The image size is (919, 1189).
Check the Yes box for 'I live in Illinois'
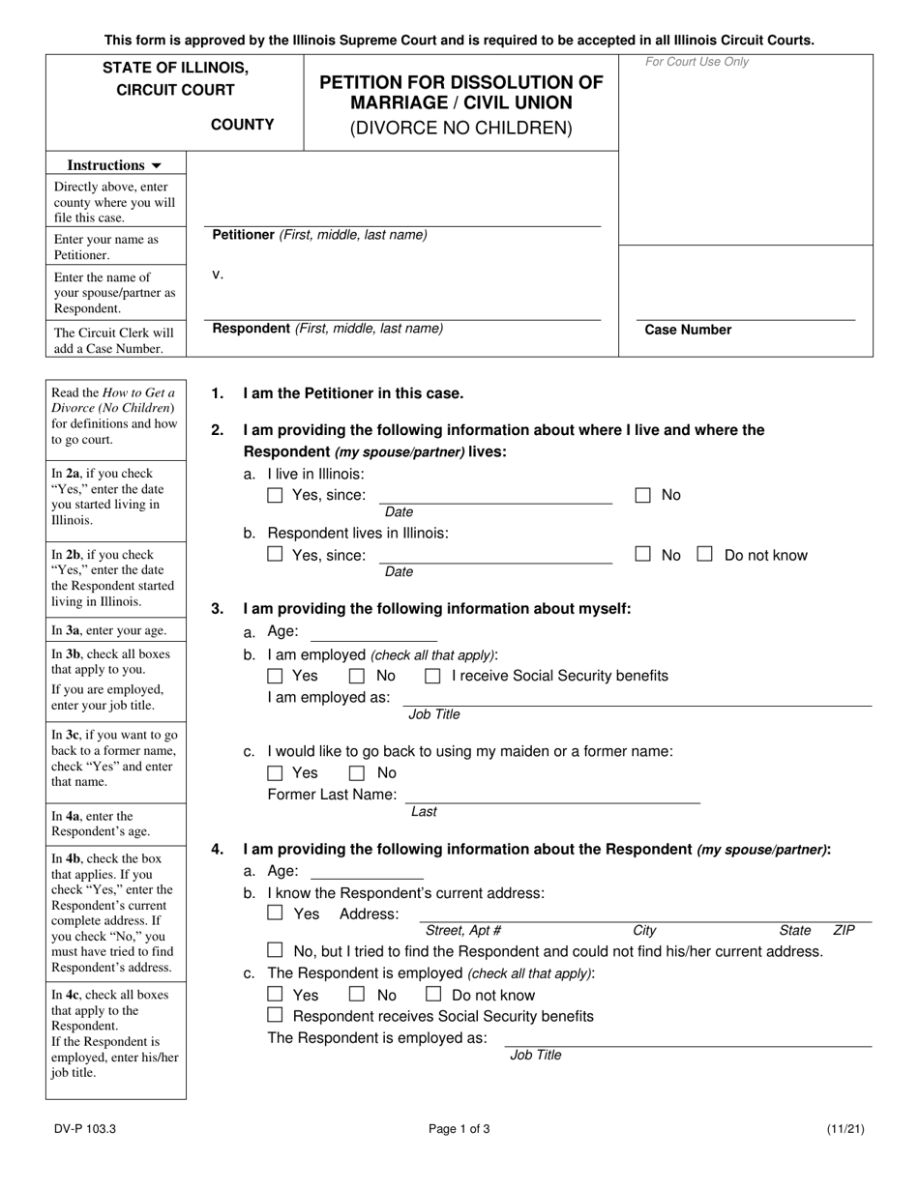click(275, 496)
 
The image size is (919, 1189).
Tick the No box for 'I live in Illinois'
click(643, 495)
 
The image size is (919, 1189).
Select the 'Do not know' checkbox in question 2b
click(705, 555)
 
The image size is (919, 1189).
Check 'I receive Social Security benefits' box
click(433, 676)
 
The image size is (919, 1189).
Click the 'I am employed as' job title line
click(637, 698)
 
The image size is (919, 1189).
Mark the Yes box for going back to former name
click(275, 773)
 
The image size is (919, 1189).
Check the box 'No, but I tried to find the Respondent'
click(275, 951)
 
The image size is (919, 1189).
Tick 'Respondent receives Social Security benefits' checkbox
click(275, 1016)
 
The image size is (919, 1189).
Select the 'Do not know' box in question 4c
click(433, 995)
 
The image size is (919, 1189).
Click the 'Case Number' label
click(688, 330)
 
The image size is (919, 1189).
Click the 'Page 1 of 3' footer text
click(459, 1128)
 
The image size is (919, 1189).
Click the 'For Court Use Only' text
click(697, 63)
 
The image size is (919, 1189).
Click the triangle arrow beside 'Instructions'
click(157, 166)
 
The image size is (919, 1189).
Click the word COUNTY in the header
click(243, 125)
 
